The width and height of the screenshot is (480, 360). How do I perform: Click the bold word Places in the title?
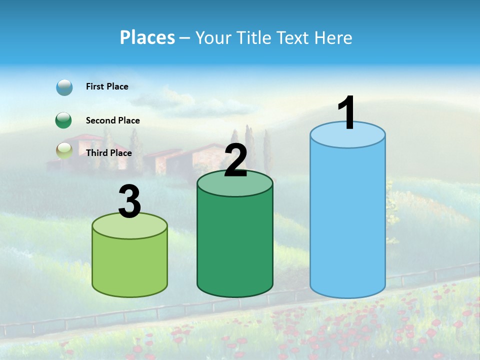coord(147,37)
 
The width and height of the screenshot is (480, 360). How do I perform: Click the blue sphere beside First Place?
coord(64,87)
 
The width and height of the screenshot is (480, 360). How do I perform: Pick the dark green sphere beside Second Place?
coord(63,120)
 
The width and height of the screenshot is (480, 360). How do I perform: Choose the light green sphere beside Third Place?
coord(64,150)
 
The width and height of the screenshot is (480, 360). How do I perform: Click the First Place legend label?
coord(107,86)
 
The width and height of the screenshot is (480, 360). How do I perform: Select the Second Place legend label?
coord(112,120)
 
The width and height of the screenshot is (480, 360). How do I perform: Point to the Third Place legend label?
coord(108,153)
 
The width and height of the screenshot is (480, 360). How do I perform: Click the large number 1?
coord(347,113)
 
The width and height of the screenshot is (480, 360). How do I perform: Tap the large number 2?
coord(235,160)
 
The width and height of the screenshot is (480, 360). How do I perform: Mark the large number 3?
coord(129,202)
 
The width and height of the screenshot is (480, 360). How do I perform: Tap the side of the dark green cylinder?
coord(235,245)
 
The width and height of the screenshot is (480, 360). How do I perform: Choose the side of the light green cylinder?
coord(129,265)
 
